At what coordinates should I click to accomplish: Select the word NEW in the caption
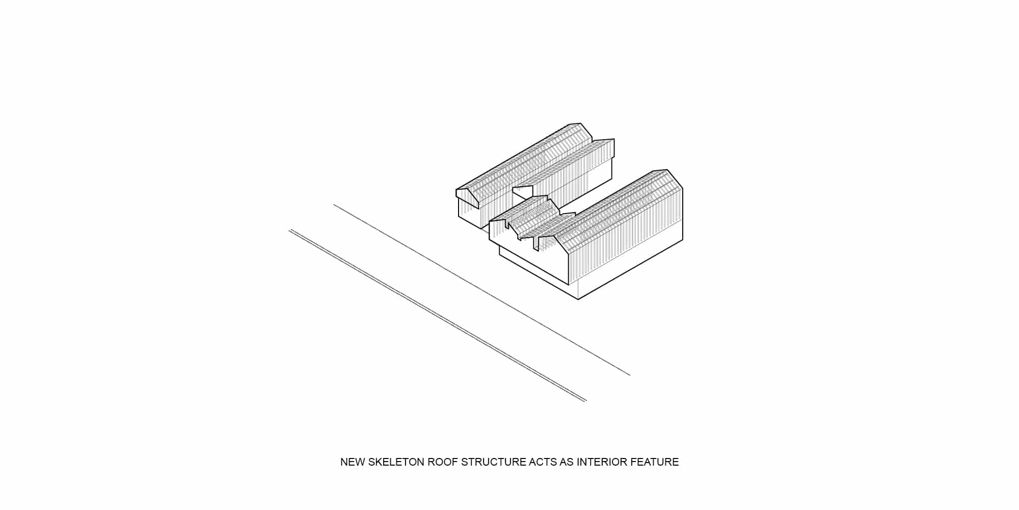352,462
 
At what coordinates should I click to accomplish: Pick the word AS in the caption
567,462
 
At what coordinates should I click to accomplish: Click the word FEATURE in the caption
655,462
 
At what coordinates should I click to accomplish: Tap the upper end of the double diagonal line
290,230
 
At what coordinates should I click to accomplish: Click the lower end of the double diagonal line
586,401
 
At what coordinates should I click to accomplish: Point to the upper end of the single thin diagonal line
334,205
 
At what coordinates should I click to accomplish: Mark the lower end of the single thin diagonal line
630,375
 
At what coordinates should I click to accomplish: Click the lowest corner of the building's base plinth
578,299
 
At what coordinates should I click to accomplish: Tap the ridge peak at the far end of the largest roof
667,170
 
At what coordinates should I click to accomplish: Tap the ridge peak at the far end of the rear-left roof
580,123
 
